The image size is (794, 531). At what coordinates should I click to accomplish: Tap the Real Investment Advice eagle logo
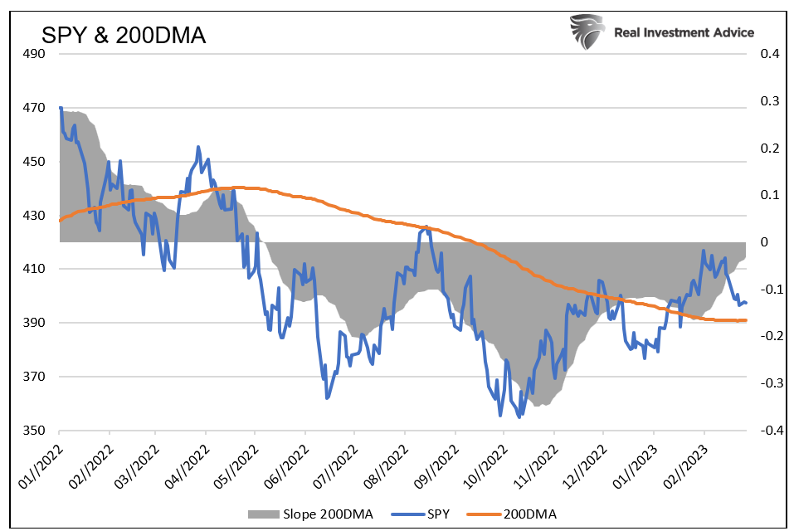click(587, 32)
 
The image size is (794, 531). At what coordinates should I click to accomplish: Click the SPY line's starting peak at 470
click(61, 108)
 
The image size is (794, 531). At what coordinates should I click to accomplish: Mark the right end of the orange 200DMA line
click(746, 320)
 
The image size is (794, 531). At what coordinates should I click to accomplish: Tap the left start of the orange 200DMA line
click(61, 221)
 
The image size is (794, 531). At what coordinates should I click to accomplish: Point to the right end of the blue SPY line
click(746, 303)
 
